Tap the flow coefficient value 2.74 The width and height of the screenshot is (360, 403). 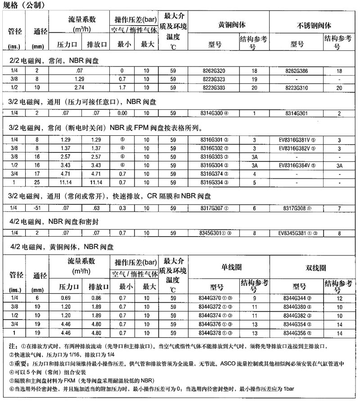coord(72,86)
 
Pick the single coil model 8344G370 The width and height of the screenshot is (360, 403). coord(215,298)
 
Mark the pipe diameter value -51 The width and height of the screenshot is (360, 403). coord(37,208)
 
